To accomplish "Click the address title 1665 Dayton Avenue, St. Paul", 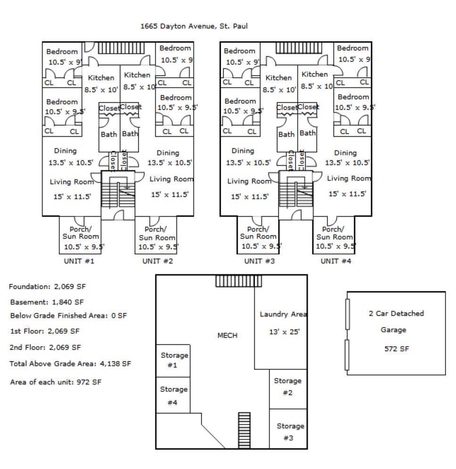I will (x=194, y=26).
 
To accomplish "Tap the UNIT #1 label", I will (x=79, y=261).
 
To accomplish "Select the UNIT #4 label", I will (x=336, y=261).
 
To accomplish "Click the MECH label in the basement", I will (x=227, y=335).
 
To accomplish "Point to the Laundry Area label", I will (x=283, y=314).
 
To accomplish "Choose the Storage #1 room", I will (x=174, y=360).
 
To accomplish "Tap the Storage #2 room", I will (x=288, y=386).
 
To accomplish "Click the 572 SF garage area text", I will (x=393, y=349).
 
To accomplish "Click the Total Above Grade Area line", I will (x=70, y=364).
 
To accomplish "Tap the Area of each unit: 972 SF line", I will (x=56, y=382).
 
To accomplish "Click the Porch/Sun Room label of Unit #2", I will (x=157, y=234).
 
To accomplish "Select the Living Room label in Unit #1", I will (x=72, y=182).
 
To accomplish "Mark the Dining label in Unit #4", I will (x=345, y=153).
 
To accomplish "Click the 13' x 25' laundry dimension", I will (x=284, y=332).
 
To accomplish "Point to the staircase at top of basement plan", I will (x=238, y=281).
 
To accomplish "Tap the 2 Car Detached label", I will (x=396, y=313).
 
